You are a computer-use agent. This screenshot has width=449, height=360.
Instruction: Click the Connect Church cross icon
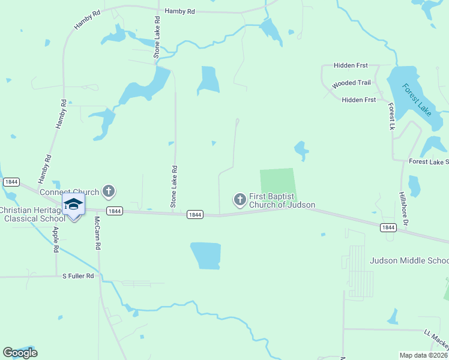[x=108, y=191]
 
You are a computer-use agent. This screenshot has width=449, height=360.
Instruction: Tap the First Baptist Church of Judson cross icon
[x=240, y=199]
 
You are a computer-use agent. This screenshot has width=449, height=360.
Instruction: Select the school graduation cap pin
[x=73, y=205]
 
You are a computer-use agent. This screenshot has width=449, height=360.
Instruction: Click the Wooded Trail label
[x=351, y=83]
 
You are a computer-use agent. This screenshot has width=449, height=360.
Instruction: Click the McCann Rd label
[x=97, y=233]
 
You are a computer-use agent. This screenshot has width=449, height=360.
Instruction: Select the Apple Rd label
[x=56, y=239]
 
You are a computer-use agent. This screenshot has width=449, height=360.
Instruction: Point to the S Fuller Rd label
[x=79, y=276]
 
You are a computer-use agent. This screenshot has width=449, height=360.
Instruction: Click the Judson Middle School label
[x=409, y=260]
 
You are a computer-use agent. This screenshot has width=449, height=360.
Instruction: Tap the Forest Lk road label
[x=391, y=116]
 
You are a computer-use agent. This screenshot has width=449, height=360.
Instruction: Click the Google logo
[x=20, y=353]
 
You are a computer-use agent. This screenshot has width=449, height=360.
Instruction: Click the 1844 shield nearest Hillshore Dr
[x=388, y=227]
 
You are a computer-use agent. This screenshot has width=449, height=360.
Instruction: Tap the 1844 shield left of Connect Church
[x=11, y=181]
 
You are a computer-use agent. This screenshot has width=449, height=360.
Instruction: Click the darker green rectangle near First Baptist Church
[x=278, y=185]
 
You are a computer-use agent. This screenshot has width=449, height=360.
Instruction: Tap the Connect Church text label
[x=69, y=193]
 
